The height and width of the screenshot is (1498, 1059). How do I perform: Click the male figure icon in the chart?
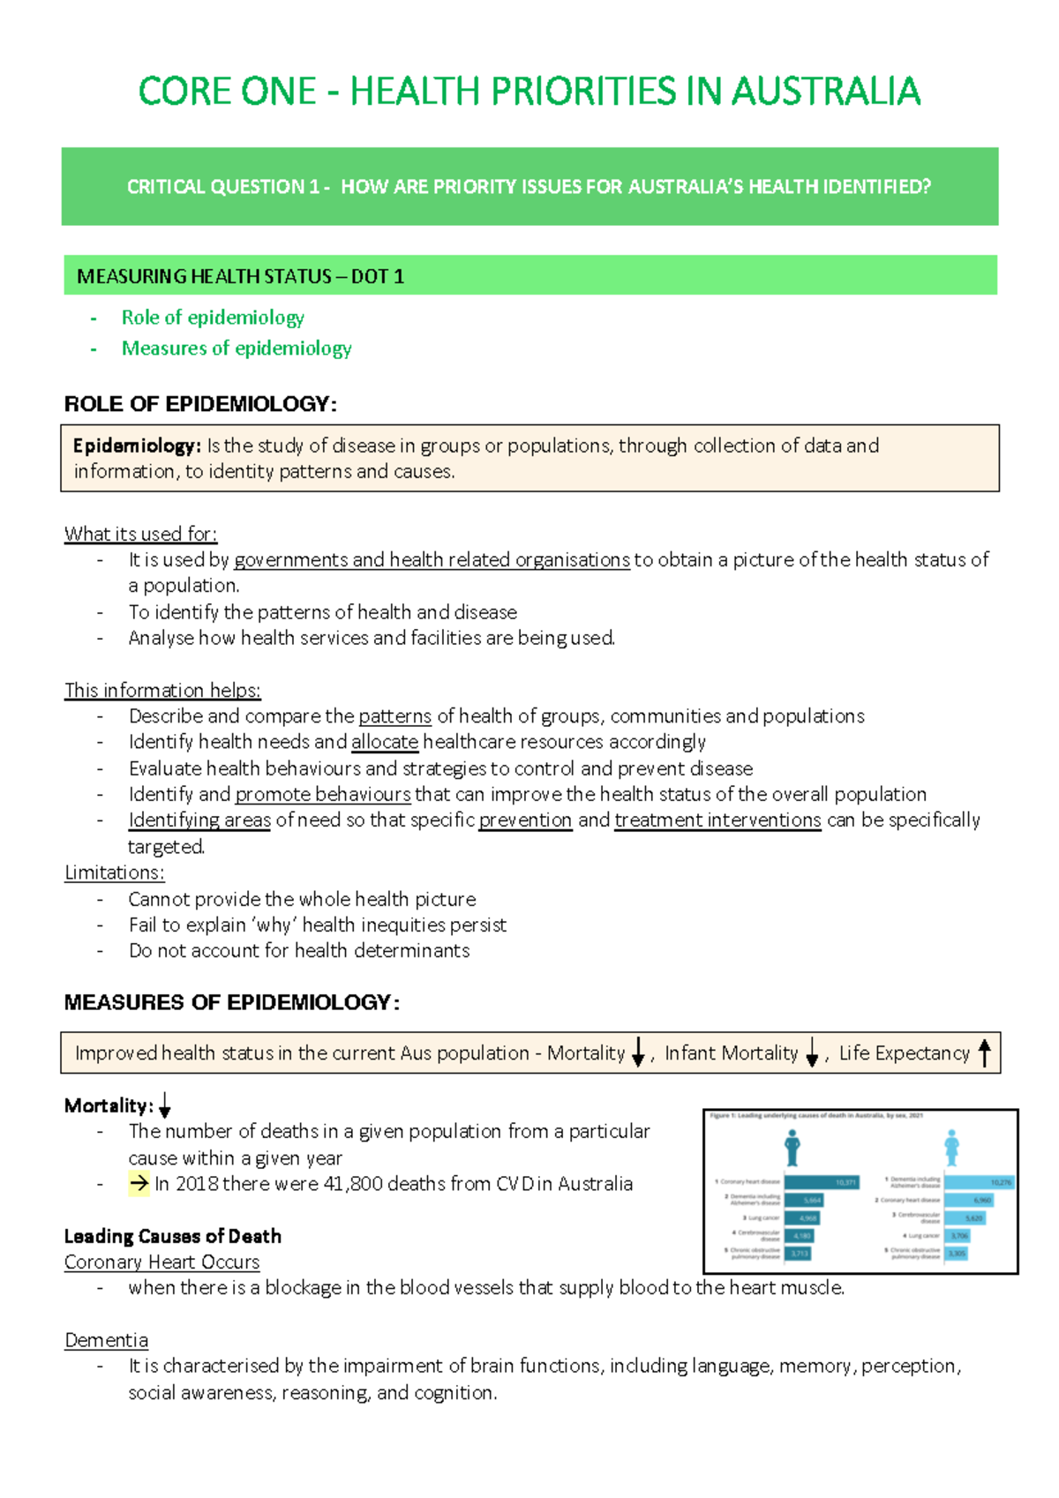792,1148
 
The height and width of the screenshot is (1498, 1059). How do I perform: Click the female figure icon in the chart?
951,1148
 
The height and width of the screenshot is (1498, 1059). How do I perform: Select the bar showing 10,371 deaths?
821,1182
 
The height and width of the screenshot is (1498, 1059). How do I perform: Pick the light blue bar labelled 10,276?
979,1182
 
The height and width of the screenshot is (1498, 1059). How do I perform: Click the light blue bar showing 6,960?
969,1200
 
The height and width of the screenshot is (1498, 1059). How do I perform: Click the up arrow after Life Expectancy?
985,1052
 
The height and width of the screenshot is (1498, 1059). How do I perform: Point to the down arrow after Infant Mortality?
812,1053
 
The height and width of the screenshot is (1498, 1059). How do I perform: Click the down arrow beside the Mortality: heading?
164,1106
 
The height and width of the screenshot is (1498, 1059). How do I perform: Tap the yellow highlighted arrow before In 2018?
139,1184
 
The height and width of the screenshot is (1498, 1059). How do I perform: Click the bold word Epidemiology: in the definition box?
137,446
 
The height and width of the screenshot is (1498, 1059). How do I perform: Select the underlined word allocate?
384,742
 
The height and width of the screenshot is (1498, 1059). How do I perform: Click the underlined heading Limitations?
114,873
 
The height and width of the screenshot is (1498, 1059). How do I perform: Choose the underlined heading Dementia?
106,1340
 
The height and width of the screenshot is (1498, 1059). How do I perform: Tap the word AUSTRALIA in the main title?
825,92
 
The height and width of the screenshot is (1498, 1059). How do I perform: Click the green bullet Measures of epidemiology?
237,348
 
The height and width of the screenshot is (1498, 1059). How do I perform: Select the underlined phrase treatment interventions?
717,820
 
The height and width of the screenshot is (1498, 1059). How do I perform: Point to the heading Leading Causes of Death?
173,1236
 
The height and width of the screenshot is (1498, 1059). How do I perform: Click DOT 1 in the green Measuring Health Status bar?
378,276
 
